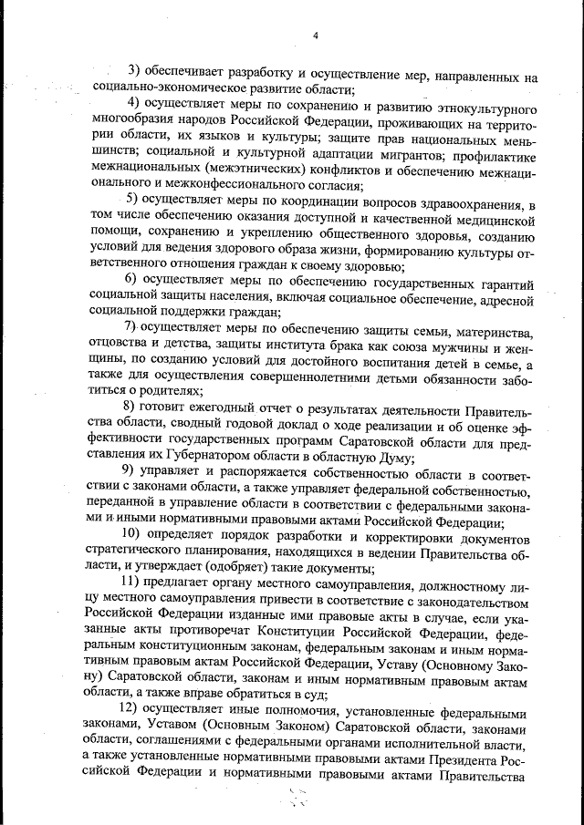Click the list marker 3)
click(133, 70)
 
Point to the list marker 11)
click(131, 580)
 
